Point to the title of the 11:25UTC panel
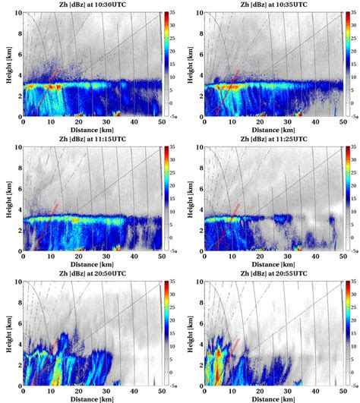[272, 139]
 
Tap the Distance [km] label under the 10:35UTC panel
[272, 130]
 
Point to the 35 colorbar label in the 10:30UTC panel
[175, 14]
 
